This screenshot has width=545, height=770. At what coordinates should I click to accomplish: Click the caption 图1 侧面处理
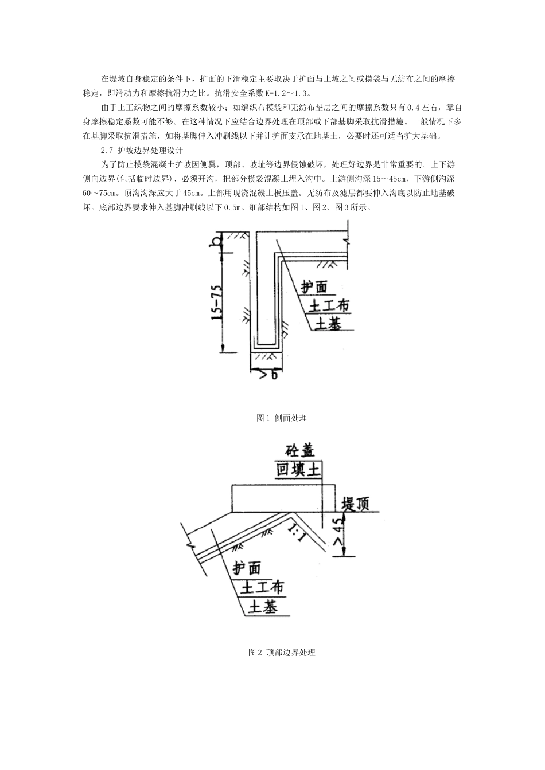pos(282,418)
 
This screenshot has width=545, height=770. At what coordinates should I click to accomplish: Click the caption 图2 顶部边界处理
pos(282,652)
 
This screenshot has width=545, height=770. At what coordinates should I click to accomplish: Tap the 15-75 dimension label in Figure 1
pos(217,301)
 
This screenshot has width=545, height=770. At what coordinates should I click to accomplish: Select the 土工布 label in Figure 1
pos(329,306)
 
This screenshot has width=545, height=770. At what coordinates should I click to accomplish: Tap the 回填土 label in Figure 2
pos(298,470)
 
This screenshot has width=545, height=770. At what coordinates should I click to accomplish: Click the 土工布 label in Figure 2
pos(262,588)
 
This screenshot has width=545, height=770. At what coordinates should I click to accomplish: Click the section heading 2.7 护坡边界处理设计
pos(141,151)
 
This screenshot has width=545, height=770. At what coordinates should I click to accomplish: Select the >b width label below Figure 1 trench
pos(265,375)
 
